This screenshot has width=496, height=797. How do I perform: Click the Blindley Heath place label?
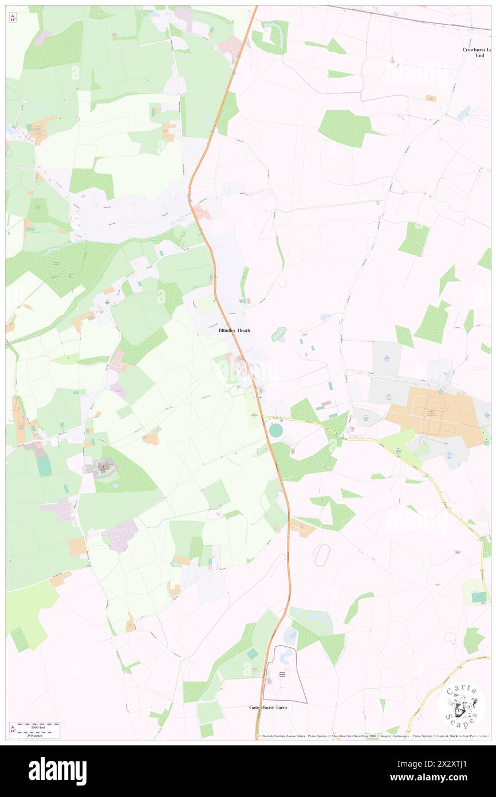pyautogui.click(x=234, y=331)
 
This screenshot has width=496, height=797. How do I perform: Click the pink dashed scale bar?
pyautogui.click(x=38, y=729)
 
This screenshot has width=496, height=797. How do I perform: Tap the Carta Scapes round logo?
pyautogui.click(x=461, y=705)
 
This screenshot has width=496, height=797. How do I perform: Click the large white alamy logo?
pyautogui.click(x=57, y=771)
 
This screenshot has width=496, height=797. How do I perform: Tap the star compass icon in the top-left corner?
pyautogui.click(x=13, y=17)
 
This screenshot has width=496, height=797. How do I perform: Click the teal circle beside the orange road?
pyautogui.click(x=275, y=430)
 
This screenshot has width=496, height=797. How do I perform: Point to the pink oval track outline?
pyautogui.click(x=322, y=554)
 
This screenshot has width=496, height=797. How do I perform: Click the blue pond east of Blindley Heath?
pyautogui.click(x=280, y=334)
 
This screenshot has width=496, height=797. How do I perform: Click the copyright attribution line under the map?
pyautogui.click(x=372, y=736)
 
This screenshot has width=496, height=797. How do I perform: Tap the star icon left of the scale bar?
pyautogui.click(x=13, y=729)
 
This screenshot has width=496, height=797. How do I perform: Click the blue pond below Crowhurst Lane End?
pyautogui.click(x=463, y=112)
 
